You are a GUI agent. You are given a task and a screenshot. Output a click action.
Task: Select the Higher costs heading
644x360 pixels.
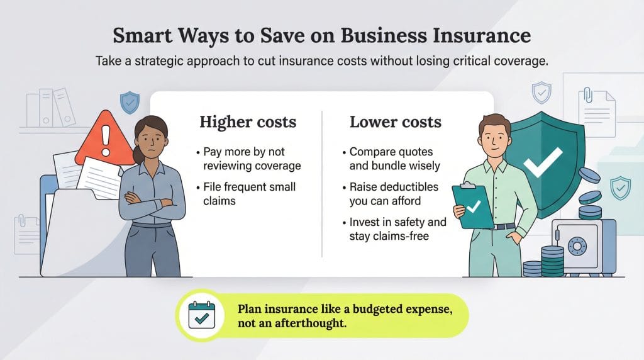(247, 121)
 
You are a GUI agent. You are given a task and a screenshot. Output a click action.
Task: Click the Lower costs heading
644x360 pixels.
(396, 121)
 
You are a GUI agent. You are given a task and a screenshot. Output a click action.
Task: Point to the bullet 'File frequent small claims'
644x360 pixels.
(249, 193)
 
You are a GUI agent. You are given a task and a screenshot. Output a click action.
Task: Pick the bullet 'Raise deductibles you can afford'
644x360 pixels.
(394, 194)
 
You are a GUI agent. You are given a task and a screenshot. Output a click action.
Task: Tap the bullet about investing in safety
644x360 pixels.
(397, 229)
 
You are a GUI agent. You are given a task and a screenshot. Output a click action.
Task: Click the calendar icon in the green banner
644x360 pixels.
(203, 315)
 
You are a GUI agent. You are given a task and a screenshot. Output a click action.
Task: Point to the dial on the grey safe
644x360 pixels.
(577, 246)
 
